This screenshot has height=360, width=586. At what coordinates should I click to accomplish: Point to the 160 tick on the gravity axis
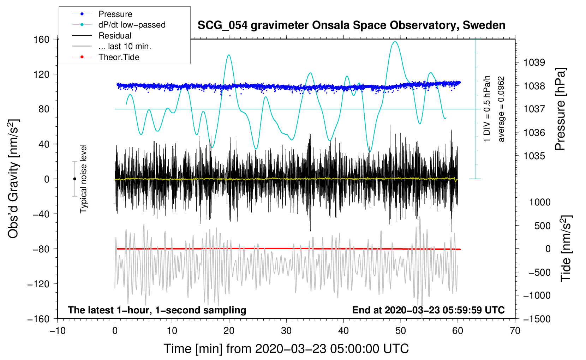42,40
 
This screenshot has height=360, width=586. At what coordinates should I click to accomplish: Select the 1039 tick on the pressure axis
534,62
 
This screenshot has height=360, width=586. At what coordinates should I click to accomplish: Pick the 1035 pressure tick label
534,156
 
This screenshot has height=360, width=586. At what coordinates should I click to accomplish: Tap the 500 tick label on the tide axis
542,226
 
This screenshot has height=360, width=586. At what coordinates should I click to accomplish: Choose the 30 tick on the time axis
286,331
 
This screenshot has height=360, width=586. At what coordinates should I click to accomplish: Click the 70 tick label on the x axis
515,331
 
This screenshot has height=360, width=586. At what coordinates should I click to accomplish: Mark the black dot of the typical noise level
74,179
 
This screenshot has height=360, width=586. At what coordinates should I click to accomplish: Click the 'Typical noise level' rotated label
83,179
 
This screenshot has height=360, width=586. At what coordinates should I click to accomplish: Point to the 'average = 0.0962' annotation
501,109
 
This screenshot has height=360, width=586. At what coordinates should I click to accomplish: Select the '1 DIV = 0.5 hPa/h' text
487,109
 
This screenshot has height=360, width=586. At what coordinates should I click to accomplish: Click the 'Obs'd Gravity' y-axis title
13,179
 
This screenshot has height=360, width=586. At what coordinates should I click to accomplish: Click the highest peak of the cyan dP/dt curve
395,42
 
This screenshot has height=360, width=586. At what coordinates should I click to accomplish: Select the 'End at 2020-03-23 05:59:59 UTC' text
428,310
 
